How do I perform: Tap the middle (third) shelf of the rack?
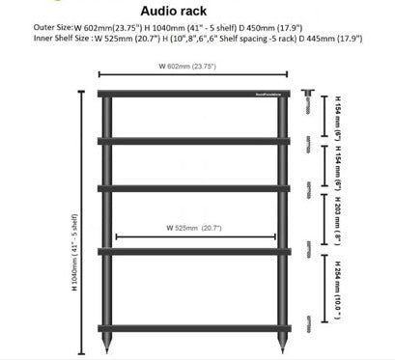197,188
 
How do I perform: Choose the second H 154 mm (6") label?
339,166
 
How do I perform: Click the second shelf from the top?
197,142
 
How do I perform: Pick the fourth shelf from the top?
197,250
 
